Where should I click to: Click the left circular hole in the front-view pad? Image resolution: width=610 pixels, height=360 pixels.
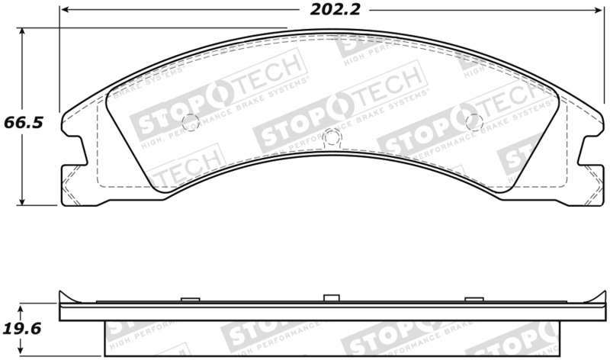pos(190,121)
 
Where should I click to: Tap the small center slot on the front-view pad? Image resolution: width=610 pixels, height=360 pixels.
pos(330,137)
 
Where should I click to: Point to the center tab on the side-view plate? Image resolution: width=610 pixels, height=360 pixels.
pos(330,297)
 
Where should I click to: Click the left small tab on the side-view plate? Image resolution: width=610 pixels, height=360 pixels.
pos(189,299)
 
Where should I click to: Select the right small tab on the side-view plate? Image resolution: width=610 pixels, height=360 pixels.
pos(473,299)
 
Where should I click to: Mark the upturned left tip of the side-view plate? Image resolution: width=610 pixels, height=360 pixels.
pos(63,294)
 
